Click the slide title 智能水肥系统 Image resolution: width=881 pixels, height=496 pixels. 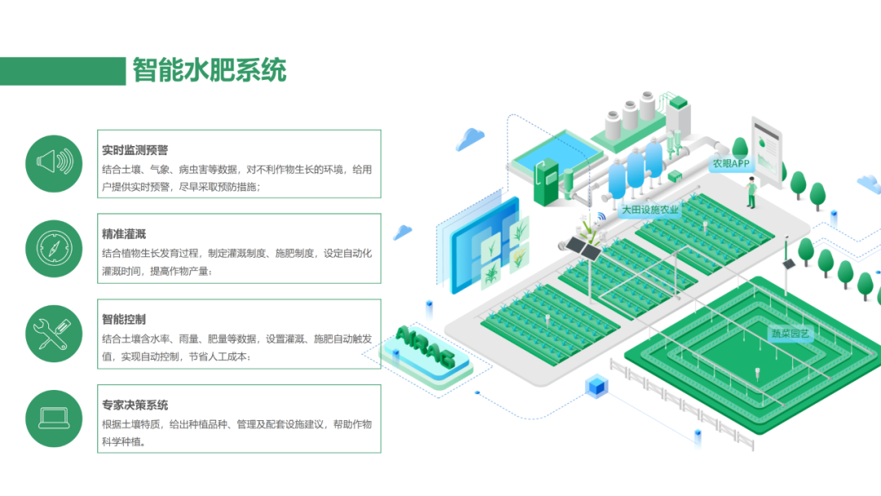click(210, 70)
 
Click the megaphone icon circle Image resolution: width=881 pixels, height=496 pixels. click(55, 163)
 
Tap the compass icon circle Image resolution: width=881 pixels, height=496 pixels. click(55, 248)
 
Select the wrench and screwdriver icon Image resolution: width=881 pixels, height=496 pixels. click(55, 334)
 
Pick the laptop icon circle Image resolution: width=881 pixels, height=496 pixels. click(55, 418)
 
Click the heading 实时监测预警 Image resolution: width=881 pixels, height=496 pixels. click(135, 150)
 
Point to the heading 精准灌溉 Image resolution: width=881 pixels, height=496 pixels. click(124, 235)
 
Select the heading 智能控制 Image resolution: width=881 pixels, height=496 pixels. click(124, 320)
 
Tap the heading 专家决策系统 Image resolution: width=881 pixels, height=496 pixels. click(135, 405)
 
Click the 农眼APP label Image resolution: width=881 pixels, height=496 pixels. click(730, 163)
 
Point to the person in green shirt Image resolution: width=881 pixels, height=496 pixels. click(751, 193)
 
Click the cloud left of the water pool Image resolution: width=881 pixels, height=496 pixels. click(471, 138)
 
